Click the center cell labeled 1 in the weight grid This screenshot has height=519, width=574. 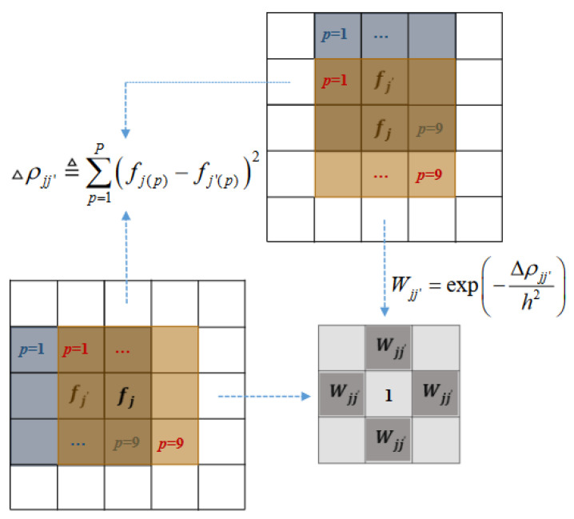coord(389,395)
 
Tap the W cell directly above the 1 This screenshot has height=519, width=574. coord(389,349)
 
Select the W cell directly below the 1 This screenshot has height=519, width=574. coord(389,440)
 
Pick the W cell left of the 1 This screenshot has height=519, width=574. coord(342,394)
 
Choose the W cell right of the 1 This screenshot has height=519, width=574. coord(435,394)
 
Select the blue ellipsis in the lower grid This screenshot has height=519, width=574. coord(81,440)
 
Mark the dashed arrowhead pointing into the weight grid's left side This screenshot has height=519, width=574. coord(306,395)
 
